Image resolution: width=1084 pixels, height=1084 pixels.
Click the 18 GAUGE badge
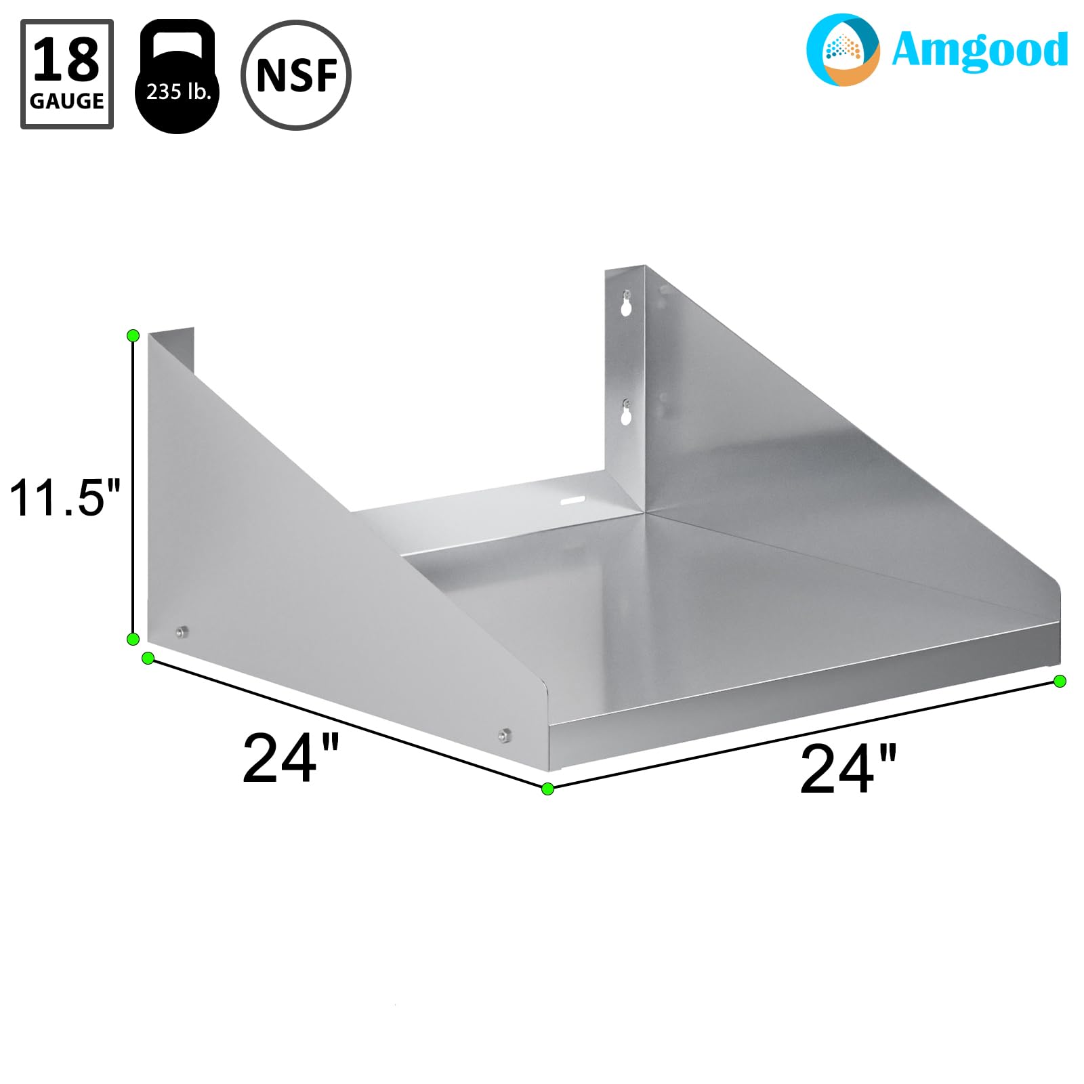[x=67, y=74]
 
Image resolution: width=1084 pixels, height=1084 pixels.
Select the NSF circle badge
[x=296, y=75]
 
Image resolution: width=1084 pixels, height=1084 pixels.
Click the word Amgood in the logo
[x=979, y=50]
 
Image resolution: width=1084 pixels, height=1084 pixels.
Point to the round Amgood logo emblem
[x=842, y=49]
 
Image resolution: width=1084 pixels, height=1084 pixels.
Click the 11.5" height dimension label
[x=64, y=498]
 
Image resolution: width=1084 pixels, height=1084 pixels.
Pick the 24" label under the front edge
[x=848, y=770]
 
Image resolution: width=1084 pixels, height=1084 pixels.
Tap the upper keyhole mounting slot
[x=627, y=303]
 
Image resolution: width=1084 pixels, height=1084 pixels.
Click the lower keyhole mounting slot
[x=627, y=413]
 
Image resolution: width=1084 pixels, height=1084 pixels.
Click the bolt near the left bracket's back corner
[x=180, y=633]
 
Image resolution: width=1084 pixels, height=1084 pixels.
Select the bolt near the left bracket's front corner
[x=503, y=734]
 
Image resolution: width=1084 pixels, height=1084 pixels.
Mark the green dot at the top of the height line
[x=133, y=335]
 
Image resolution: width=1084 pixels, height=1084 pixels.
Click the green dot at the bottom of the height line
[x=133, y=639]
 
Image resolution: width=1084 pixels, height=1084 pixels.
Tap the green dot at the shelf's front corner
[x=548, y=788]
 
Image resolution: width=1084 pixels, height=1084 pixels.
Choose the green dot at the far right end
[x=1060, y=681]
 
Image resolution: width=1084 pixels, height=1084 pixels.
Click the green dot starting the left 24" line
[x=147, y=658]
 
